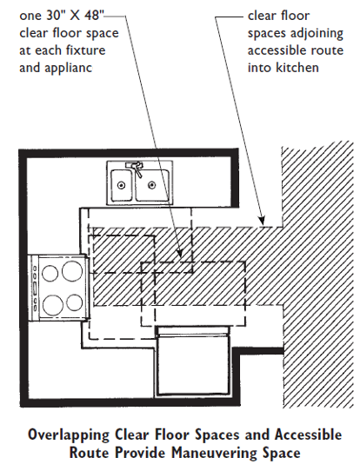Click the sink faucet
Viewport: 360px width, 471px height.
tap(134, 166)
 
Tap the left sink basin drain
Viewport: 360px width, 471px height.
tap(123, 184)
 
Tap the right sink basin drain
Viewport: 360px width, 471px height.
tap(152, 184)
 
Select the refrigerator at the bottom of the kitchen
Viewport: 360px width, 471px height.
tap(192, 363)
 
